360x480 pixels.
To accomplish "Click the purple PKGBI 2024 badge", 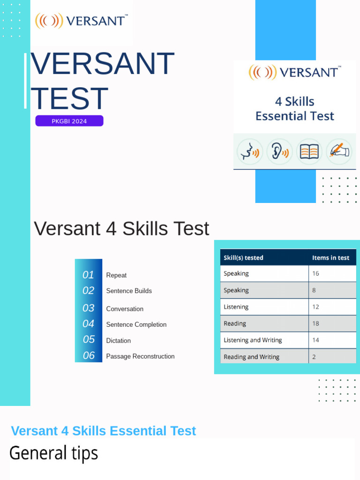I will coord(69,121).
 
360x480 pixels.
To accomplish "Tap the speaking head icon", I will coord(249,151).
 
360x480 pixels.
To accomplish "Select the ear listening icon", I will coord(279,151).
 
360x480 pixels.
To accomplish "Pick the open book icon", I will coord(309,151).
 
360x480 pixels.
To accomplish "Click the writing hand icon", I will coord(339,151).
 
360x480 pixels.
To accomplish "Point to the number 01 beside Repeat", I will coord(88,275).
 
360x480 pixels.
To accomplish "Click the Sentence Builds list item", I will coord(129,291).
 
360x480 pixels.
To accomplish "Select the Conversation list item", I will coord(125,309).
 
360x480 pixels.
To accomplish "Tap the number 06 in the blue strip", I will coord(89,356).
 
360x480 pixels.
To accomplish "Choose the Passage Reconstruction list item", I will coord(140,357).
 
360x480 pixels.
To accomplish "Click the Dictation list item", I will coord(118,341).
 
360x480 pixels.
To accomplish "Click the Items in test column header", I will coord(330,258).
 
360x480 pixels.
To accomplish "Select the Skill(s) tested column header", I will coord(243,258).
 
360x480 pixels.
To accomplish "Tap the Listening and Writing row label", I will coord(253,340).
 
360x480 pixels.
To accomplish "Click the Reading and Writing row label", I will coord(251,357).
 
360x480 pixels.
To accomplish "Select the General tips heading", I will coord(53,453).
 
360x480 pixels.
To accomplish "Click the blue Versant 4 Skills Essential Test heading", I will coord(103,431).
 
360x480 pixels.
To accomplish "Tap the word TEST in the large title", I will coord(69,98).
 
